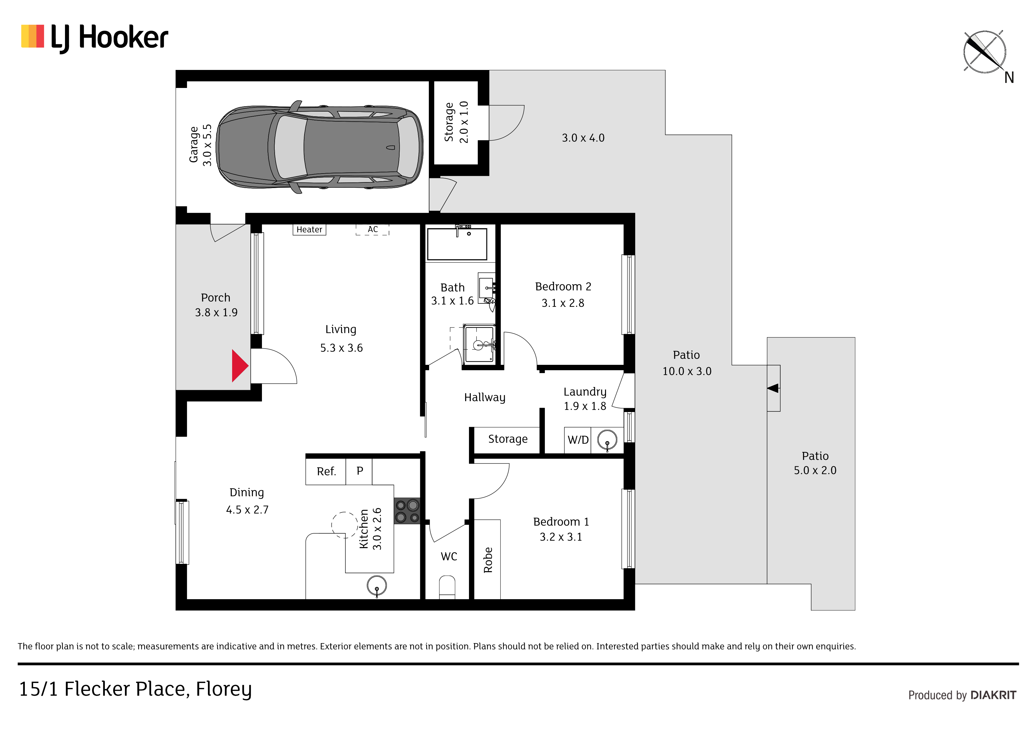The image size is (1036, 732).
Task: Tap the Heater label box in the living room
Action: (x=309, y=230)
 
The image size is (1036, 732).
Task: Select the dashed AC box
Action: (x=372, y=230)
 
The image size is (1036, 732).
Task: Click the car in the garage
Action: (x=320, y=147)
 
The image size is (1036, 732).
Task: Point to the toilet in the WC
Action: (x=447, y=587)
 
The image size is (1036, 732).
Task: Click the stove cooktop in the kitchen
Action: (x=407, y=511)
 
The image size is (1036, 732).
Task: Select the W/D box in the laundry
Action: (x=578, y=440)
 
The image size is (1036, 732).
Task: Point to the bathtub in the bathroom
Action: (x=457, y=244)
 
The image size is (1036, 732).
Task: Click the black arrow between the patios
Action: (x=773, y=388)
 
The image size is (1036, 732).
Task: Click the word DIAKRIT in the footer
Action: (x=993, y=695)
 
